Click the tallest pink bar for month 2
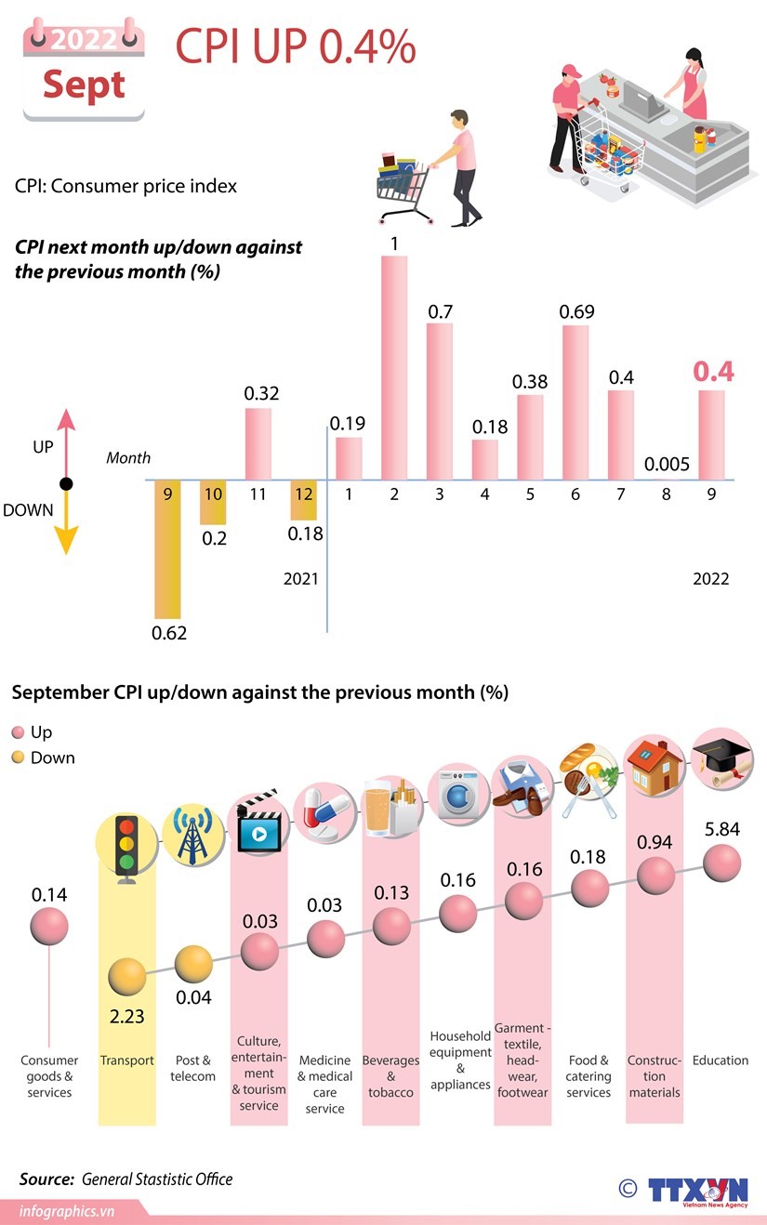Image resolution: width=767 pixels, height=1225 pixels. pos(394,367)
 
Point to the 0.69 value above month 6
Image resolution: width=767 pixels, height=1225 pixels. pos(576,311)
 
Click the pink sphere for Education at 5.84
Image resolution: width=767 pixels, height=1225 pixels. pos(722,864)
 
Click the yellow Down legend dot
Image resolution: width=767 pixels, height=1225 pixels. pos(18,757)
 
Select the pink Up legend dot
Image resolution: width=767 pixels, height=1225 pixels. pos(18,732)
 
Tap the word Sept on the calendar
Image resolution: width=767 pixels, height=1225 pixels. pos(84,85)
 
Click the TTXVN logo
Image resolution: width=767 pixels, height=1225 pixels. pos(697,1191)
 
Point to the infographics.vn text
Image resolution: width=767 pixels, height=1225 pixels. pos(67,1211)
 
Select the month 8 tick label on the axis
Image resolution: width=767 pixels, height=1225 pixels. pos(666,494)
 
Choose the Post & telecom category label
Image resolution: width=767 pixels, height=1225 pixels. pos(193,1068)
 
